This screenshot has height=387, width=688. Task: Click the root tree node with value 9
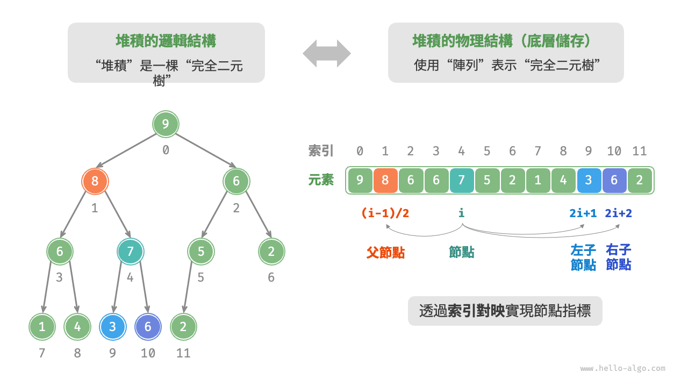coord(166,125)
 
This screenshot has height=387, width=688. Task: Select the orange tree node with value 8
coord(95,181)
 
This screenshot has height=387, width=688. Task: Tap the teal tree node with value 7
coord(130,252)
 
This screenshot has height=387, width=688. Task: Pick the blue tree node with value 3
coord(112,327)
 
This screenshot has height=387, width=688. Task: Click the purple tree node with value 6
coord(148,327)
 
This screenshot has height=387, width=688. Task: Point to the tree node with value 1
coord(42,327)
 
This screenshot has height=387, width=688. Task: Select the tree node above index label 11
coord(184,327)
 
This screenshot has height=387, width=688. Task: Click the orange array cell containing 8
coord(385,181)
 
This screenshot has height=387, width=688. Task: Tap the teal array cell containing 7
coord(461,181)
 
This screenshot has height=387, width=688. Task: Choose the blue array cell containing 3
coord(589,181)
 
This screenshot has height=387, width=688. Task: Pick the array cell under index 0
coord(360,181)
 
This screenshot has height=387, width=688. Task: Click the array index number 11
coord(639,152)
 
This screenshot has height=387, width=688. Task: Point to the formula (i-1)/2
coord(385,213)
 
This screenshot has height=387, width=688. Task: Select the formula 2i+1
coord(583,213)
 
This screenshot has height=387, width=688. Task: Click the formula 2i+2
coord(618,213)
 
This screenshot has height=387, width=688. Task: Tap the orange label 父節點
coord(385,253)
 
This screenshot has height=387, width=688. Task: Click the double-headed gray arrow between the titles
coord(326,53)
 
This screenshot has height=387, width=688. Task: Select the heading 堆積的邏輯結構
coord(166,41)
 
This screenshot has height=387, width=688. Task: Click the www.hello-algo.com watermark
coord(622,369)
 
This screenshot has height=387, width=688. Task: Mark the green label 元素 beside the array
coord(321,180)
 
